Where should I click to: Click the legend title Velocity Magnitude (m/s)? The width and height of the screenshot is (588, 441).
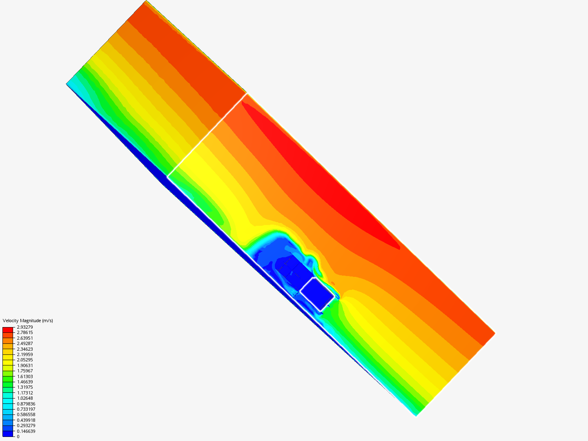28,321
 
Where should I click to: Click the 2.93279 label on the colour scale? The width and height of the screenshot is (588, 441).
25,327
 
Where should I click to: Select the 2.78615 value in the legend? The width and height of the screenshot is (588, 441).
25,332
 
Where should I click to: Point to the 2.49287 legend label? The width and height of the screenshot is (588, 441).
25,343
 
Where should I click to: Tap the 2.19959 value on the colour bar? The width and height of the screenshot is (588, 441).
25,354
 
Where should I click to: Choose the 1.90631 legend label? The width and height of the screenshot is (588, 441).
25,365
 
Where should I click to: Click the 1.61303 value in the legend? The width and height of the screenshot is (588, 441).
25,376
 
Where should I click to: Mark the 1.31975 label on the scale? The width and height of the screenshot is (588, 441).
25,387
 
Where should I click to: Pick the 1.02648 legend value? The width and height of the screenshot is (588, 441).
25,398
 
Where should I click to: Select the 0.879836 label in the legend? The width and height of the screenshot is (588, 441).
26,404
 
